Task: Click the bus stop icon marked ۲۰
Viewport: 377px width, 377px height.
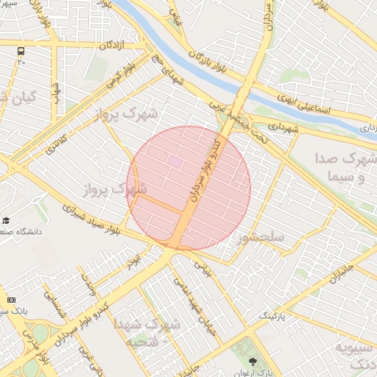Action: [21, 52]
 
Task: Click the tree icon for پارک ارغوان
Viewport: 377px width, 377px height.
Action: [253, 362]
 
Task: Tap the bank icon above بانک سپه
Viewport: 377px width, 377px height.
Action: [11, 300]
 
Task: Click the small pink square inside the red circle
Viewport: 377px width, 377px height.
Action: [174, 160]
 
